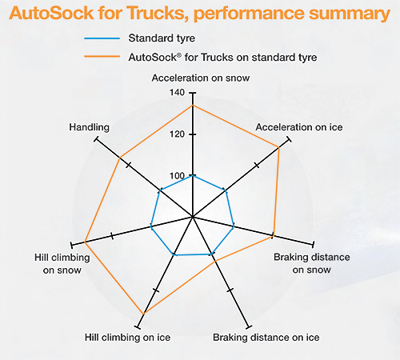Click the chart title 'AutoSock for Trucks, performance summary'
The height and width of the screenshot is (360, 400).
click(x=199, y=14)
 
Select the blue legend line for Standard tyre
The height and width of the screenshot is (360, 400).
click(x=102, y=38)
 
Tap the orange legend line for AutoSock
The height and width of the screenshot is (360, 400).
click(x=102, y=57)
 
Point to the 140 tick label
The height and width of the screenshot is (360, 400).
click(x=177, y=93)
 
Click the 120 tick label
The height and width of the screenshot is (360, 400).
click(x=177, y=134)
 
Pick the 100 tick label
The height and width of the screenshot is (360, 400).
click(x=177, y=176)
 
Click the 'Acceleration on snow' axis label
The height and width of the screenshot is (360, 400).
click(x=201, y=78)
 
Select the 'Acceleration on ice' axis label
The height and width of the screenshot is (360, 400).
click(x=299, y=127)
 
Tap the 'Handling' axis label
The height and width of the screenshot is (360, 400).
click(x=90, y=127)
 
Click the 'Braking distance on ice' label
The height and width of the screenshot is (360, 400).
click(x=266, y=338)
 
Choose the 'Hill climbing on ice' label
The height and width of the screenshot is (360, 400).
click(x=127, y=338)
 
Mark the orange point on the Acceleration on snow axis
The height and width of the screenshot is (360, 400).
click(x=193, y=106)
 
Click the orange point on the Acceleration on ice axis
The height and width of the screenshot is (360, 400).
click(x=278, y=147)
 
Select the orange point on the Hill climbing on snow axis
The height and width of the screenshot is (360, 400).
click(x=85, y=242)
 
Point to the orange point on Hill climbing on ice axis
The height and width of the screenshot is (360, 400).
click(x=144, y=314)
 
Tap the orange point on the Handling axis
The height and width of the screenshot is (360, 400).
click(x=120, y=158)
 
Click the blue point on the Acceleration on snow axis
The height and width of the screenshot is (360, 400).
click(x=193, y=175)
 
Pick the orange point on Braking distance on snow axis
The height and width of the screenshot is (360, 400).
click(x=273, y=236)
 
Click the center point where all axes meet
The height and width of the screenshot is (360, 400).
click(x=193, y=217)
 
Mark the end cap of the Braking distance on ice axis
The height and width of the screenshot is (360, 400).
click(x=249, y=327)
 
